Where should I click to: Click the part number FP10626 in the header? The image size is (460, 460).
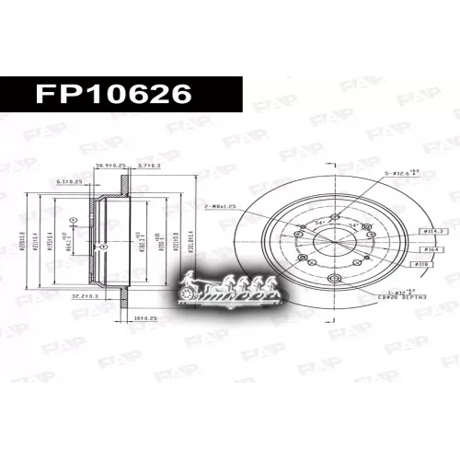click(x=112, y=94)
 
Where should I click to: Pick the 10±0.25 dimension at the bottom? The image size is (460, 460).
click(x=145, y=316)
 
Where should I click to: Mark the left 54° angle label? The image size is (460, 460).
click(x=318, y=224)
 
